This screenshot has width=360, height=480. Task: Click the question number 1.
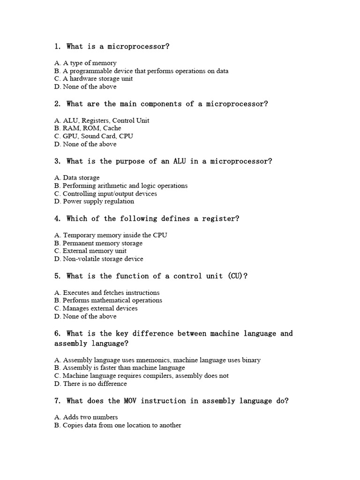pos(58,46)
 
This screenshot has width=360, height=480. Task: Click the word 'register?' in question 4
pos(220,219)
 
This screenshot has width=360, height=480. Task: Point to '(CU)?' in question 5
pos(238,276)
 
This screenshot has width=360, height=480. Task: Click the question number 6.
pos(58,334)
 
